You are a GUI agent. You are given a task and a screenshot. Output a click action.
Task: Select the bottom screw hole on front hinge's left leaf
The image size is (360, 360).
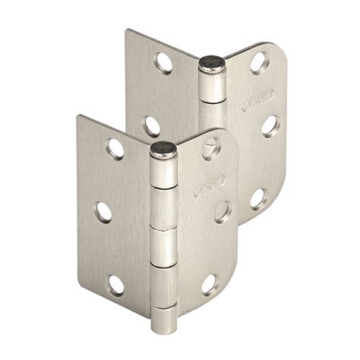pyautogui.click(x=115, y=286)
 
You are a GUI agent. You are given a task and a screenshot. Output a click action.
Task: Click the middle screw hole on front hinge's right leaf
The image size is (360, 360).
pyautogui.click(x=223, y=211)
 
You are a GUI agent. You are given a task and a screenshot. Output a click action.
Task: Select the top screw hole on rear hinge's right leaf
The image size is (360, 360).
pyautogui.click(x=259, y=62)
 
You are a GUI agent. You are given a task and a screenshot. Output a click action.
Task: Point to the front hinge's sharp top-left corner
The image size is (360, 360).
pyautogui.click(x=77, y=115)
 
